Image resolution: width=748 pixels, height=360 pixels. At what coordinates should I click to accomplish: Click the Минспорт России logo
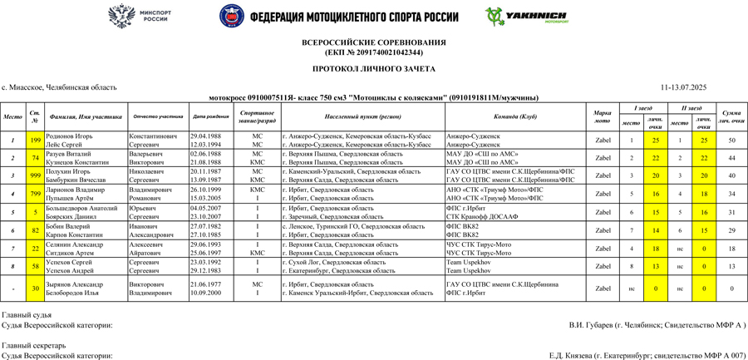[140, 16]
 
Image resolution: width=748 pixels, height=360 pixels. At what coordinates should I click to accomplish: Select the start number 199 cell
[35, 140]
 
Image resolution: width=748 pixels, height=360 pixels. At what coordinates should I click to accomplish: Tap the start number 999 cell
[35, 175]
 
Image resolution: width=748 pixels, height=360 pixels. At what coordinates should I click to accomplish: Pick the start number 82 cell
[35, 229]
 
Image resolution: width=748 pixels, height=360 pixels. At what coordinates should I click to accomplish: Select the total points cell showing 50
[731, 140]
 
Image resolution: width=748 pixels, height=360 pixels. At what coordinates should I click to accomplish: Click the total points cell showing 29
[731, 229]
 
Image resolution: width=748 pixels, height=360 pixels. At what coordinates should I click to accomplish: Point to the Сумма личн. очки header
[731, 116]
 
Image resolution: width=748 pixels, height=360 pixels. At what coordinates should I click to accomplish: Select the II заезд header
[691, 108]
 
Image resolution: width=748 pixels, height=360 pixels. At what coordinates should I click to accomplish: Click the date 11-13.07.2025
[683, 87]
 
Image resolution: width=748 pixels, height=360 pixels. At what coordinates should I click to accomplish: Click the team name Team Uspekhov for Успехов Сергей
[469, 262]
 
